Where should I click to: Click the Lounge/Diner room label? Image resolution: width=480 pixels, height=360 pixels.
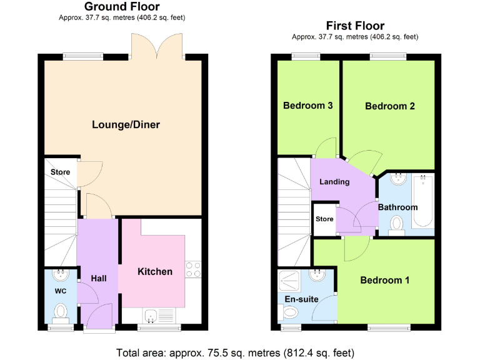click(126, 125)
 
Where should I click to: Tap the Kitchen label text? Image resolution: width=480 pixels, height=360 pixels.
click(155, 271)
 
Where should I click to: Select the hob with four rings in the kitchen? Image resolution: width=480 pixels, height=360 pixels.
click(193, 269)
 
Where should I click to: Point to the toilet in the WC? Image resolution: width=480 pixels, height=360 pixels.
click(61, 311)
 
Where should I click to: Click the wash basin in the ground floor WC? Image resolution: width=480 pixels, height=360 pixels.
click(61, 275)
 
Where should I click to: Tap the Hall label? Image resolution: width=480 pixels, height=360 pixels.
click(99, 278)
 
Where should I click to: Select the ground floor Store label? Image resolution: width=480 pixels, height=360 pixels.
click(60, 172)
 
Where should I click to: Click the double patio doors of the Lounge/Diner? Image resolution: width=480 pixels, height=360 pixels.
click(157, 46)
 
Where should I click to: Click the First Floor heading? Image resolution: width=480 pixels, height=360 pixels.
click(355, 26)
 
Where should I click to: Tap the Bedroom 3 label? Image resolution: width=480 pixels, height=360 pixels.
click(307, 106)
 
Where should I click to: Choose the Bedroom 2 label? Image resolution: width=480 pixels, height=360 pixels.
click(390, 106)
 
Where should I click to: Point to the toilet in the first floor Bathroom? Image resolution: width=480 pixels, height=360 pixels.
click(396, 224)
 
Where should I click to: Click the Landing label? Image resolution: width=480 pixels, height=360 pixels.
click(334, 182)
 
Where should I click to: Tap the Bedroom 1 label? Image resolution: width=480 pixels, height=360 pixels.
click(384, 280)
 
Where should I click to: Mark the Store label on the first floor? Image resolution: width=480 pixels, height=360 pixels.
click(324, 219)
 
